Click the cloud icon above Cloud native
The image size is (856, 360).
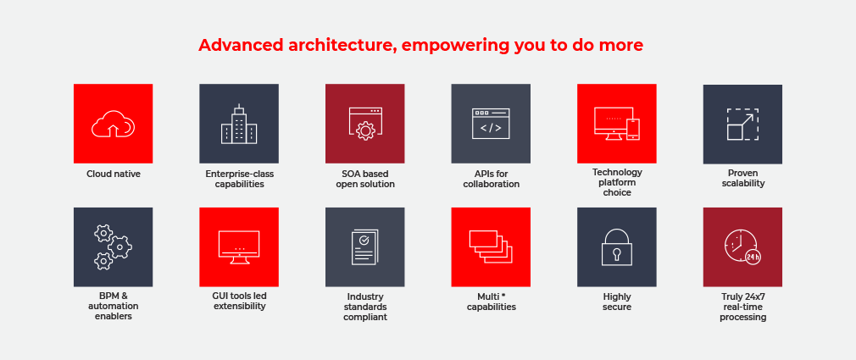coord(113,124)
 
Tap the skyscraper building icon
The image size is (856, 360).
coord(238,124)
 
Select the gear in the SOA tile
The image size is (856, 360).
coord(364,131)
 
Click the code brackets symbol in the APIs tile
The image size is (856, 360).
coord(491,128)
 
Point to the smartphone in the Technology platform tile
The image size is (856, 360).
coord(633,130)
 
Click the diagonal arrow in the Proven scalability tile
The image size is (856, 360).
coord(747,120)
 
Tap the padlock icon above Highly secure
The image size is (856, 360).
coord(616,247)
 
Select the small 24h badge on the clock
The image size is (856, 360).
coord(753,257)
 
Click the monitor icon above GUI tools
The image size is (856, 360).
coord(238,247)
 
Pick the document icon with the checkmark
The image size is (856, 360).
coord(365,247)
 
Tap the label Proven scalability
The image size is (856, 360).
coord(742,179)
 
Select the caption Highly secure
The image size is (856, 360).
coord(617,302)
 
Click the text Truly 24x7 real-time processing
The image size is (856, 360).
coord(742,307)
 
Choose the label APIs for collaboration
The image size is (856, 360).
coord(491,179)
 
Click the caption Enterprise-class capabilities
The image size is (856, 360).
coord(239,179)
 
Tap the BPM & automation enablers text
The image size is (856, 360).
coord(113,307)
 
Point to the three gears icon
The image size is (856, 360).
coord(113,247)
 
